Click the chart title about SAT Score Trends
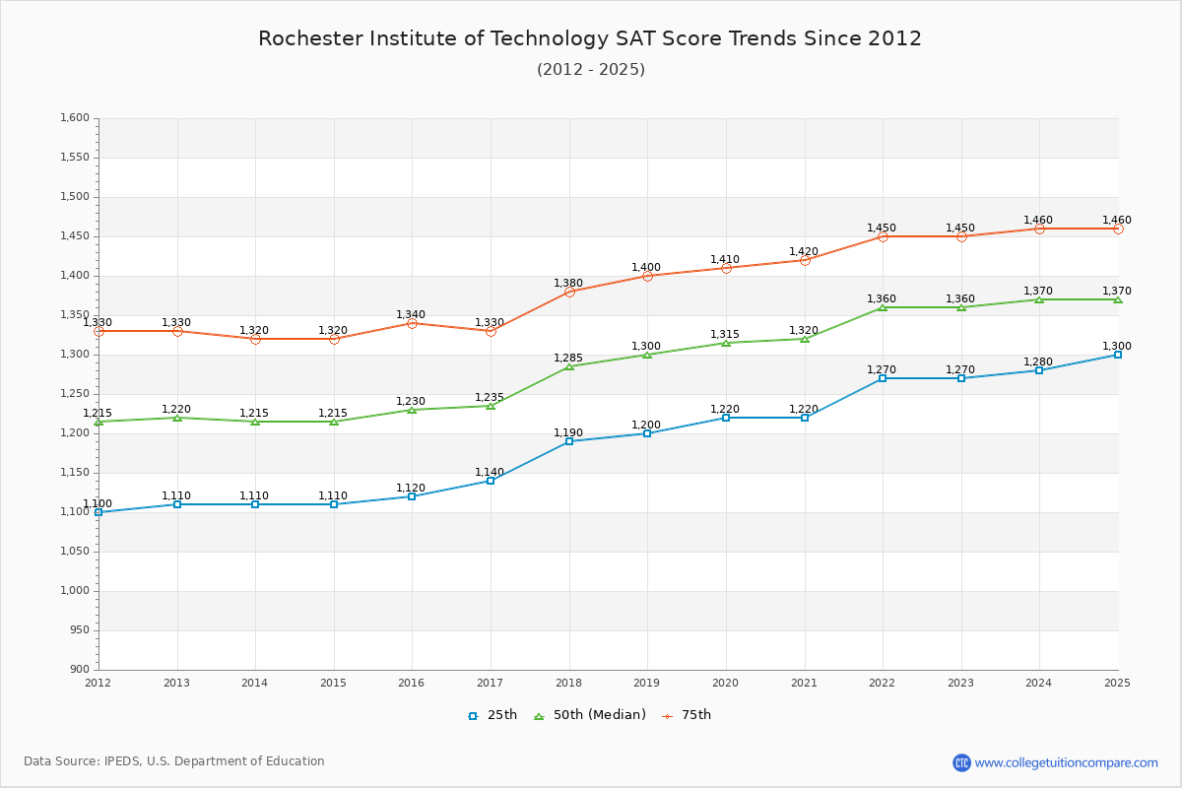590,38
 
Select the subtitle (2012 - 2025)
591,69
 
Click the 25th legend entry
492,715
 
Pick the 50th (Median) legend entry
590,715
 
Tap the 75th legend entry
687,715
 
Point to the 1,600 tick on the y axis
75,118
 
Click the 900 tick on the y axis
79,670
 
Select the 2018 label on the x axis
568,683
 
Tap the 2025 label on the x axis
1117,683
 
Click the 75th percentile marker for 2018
569,292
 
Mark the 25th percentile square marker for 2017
491,481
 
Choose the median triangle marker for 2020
726,343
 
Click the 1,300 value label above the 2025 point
1117,346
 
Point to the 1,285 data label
568,358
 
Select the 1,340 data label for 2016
411,314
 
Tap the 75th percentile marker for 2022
883,236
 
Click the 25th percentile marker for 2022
883,378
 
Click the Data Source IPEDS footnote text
174,761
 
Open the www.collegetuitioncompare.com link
1066,762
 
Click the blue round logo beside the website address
961,762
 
